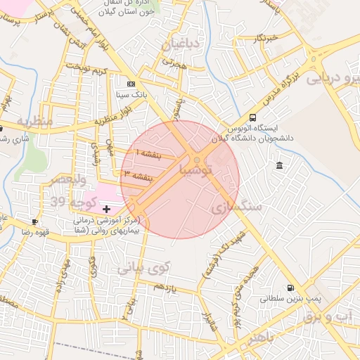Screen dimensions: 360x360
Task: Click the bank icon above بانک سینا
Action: click(131, 84)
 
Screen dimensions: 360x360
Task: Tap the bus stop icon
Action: click(253, 117)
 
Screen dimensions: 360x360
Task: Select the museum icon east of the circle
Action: click(280, 165)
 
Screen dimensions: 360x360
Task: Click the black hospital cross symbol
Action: click(106, 209)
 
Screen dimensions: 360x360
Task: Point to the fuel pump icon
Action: click(291, 288)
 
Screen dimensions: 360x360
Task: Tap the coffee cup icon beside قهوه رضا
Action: click(34, 222)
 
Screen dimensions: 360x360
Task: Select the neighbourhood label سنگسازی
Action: click(236, 207)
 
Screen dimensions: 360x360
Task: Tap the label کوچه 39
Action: click(72, 202)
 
